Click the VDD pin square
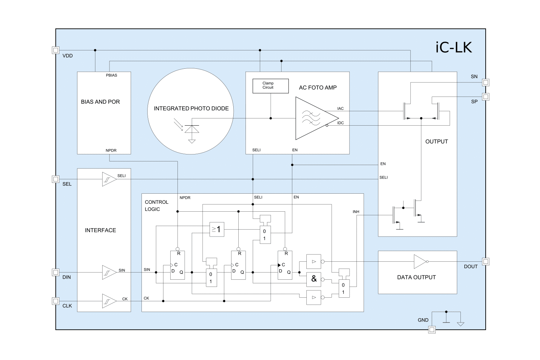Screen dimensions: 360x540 click(x=55, y=50)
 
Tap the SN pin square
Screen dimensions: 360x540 click(x=486, y=82)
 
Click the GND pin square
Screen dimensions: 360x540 click(x=432, y=329)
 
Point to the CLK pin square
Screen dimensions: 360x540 click(x=55, y=301)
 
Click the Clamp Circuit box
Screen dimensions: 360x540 click(x=270, y=86)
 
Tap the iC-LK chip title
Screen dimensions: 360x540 click(x=454, y=48)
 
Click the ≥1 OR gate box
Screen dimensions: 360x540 click(x=217, y=229)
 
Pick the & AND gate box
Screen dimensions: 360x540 click(x=314, y=279)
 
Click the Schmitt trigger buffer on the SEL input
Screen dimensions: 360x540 click(x=109, y=179)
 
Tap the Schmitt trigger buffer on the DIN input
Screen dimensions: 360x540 click(x=109, y=273)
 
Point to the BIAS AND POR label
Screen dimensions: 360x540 click(x=100, y=102)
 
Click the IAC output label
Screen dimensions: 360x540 click(x=340, y=108)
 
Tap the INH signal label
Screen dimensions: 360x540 click(x=356, y=212)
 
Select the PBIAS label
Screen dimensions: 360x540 click(x=111, y=75)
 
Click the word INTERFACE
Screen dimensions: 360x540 click(x=100, y=230)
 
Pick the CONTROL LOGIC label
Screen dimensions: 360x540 click(x=156, y=206)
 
